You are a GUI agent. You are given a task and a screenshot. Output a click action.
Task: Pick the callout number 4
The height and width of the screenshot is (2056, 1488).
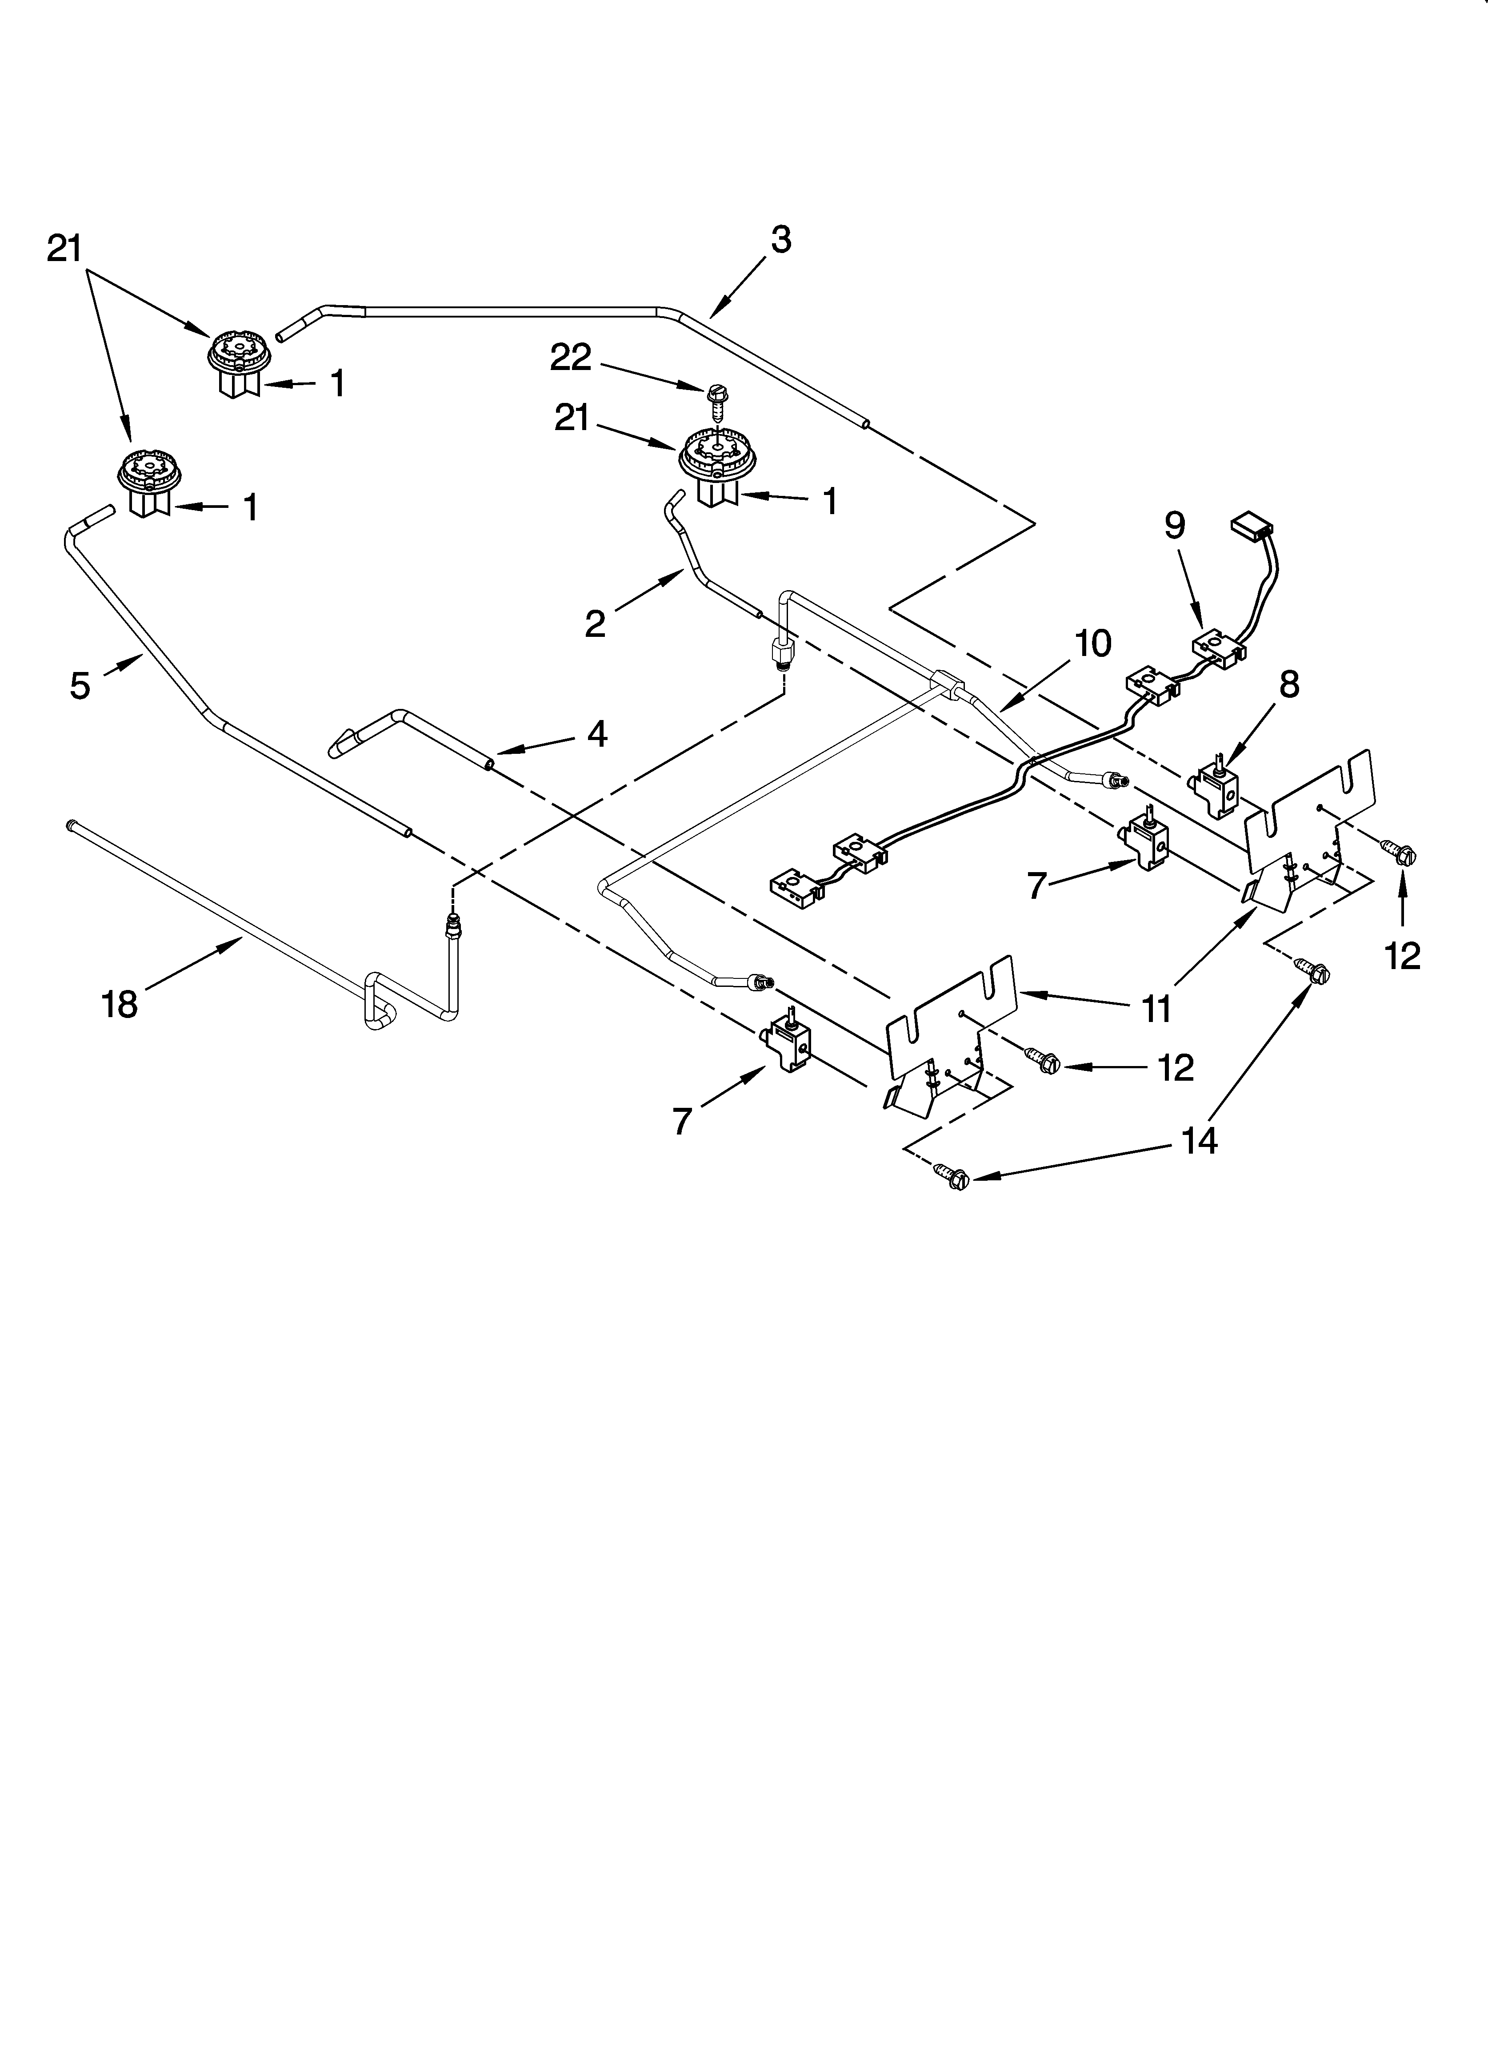[x=596, y=732]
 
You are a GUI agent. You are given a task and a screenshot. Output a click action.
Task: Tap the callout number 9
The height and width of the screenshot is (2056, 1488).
[x=1175, y=526]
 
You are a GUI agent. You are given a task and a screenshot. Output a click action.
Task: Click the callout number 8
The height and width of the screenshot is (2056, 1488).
[x=1288, y=684]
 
